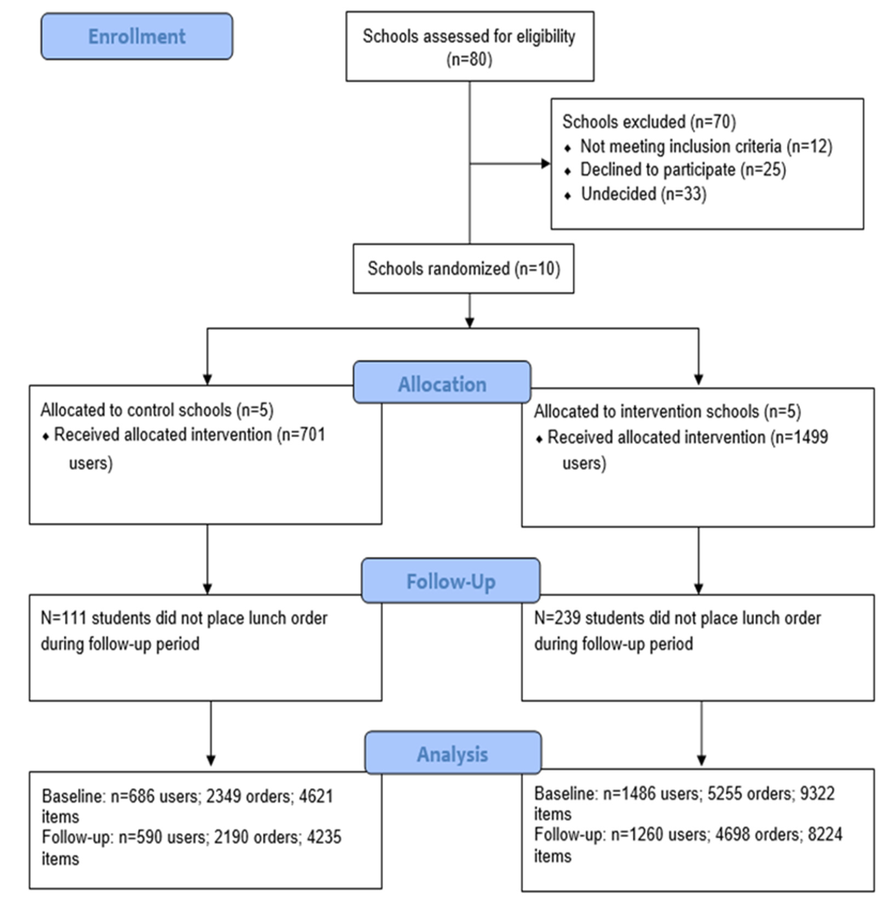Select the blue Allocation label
click(x=442, y=384)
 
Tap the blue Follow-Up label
click(x=450, y=581)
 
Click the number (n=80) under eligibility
click(x=469, y=59)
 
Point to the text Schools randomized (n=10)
click(x=463, y=269)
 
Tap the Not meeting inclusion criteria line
click(x=706, y=146)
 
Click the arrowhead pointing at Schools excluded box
click(x=545, y=163)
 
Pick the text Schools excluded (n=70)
click(x=649, y=122)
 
